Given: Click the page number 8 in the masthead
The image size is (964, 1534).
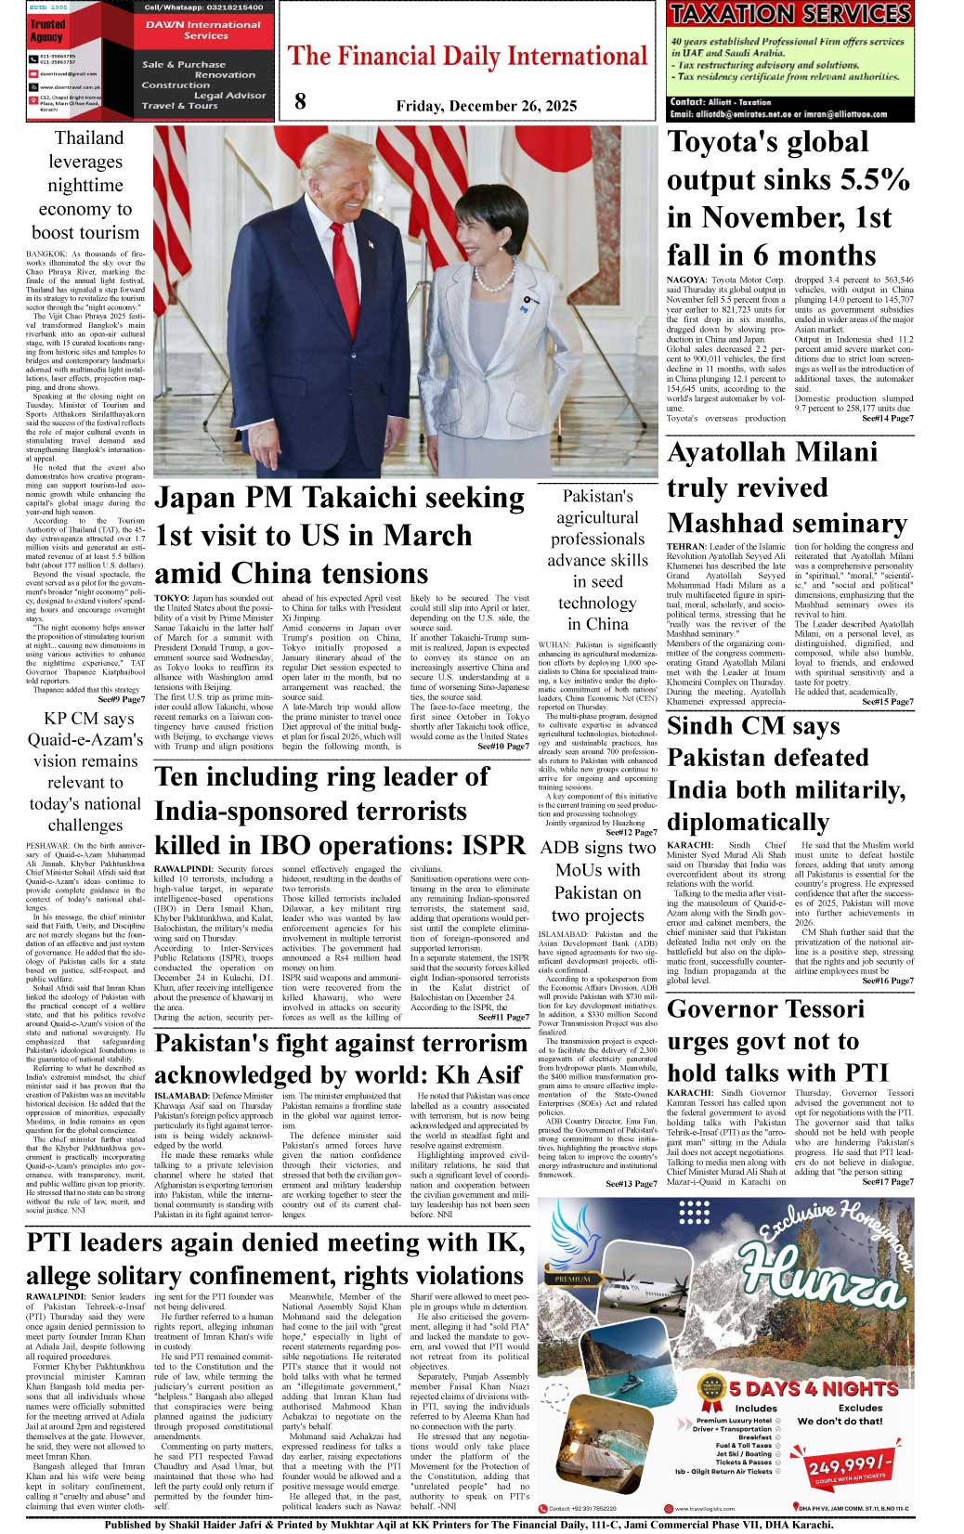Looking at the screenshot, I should [300, 102].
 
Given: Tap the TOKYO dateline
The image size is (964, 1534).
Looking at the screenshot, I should [171, 599].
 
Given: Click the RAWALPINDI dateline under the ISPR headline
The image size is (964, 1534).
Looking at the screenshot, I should [183, 868].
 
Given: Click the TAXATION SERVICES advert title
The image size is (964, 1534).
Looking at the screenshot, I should [790, 15].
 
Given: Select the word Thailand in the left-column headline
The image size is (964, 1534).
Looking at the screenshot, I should [88, 138].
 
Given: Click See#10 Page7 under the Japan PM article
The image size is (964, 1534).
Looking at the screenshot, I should [503, 747].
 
